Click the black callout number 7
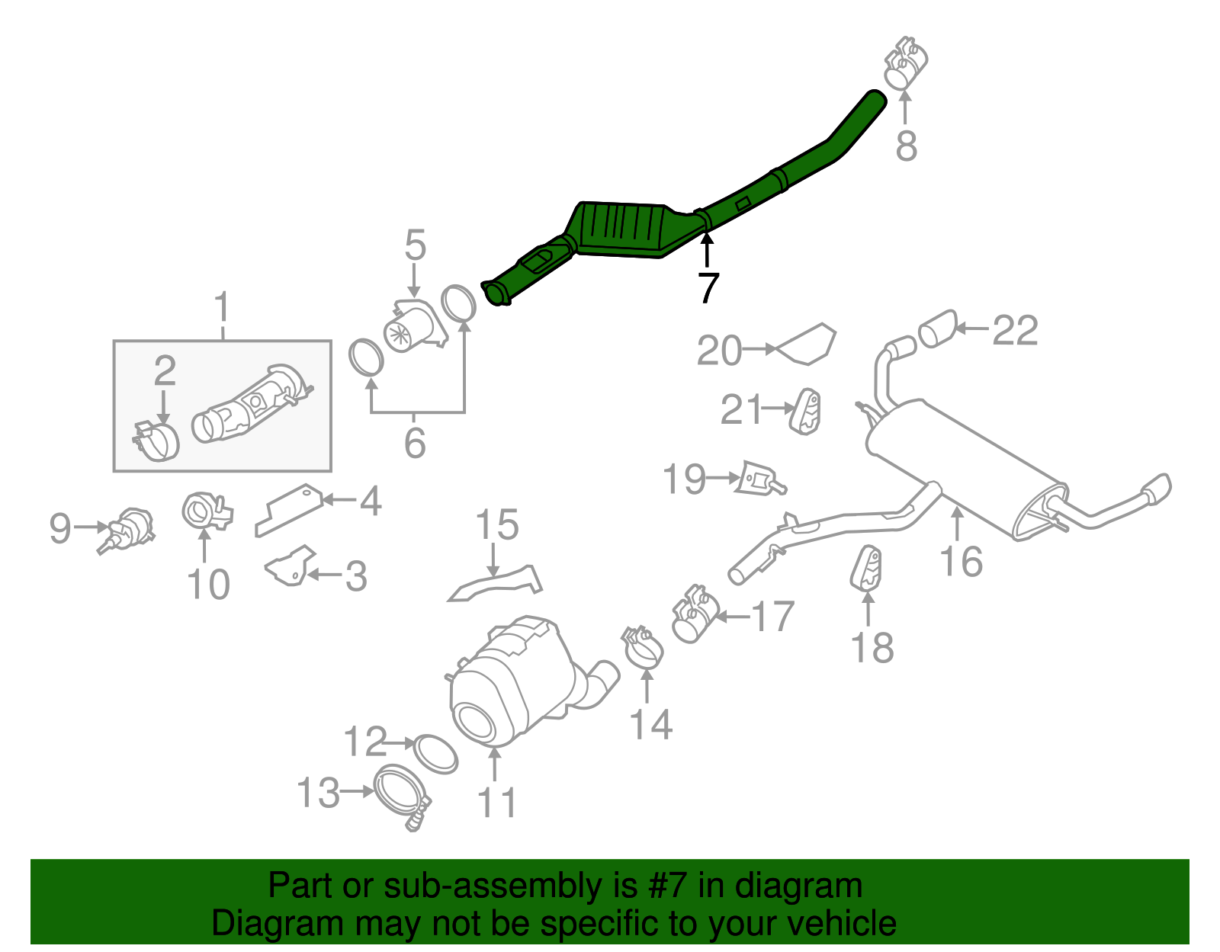pos(708,288)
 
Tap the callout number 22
pos(1015,331)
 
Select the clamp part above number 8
pos(905,62)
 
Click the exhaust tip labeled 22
pos(937,329)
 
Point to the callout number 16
pos(961,562)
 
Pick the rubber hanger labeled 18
pos(866,569)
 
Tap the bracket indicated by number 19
pos(759,479)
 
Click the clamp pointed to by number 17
pos(695,614)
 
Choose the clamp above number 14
pos(643,647)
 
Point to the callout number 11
pos(496,803)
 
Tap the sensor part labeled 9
pos(128,527)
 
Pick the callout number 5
pos(415,245)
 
